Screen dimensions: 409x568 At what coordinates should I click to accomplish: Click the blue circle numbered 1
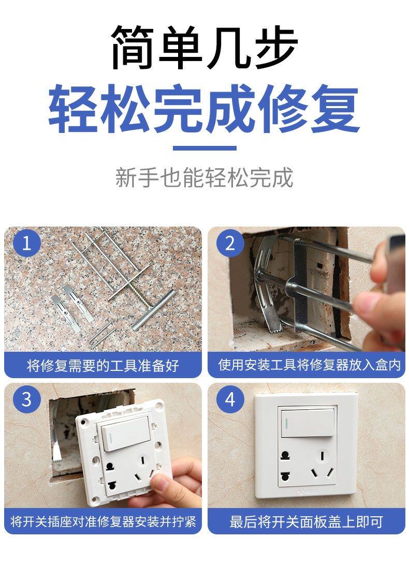(27, 243)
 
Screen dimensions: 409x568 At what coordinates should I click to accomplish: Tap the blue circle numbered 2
(230, 243)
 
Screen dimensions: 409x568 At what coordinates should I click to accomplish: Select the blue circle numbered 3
(27, 399)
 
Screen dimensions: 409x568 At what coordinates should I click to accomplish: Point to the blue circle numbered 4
(230, 399)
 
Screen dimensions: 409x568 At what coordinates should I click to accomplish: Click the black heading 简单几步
(204, 47)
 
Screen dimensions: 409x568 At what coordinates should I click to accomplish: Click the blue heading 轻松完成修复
(204, 108)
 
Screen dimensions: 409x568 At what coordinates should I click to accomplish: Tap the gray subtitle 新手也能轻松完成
(204, 177)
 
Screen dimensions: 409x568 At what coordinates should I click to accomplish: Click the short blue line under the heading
(204, 148)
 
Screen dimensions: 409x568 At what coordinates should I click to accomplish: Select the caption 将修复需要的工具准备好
(103, 366)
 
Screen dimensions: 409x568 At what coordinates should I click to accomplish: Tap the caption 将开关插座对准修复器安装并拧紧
(103, 521)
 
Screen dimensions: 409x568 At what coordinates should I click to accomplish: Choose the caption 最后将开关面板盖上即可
(306, 521)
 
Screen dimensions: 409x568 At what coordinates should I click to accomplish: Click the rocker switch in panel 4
(308, 423)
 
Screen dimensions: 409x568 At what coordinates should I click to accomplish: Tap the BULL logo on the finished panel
(307, 491)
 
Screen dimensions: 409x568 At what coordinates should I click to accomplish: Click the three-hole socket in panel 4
(323, 466)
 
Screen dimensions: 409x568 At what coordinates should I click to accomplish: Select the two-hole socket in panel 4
(285, 467)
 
